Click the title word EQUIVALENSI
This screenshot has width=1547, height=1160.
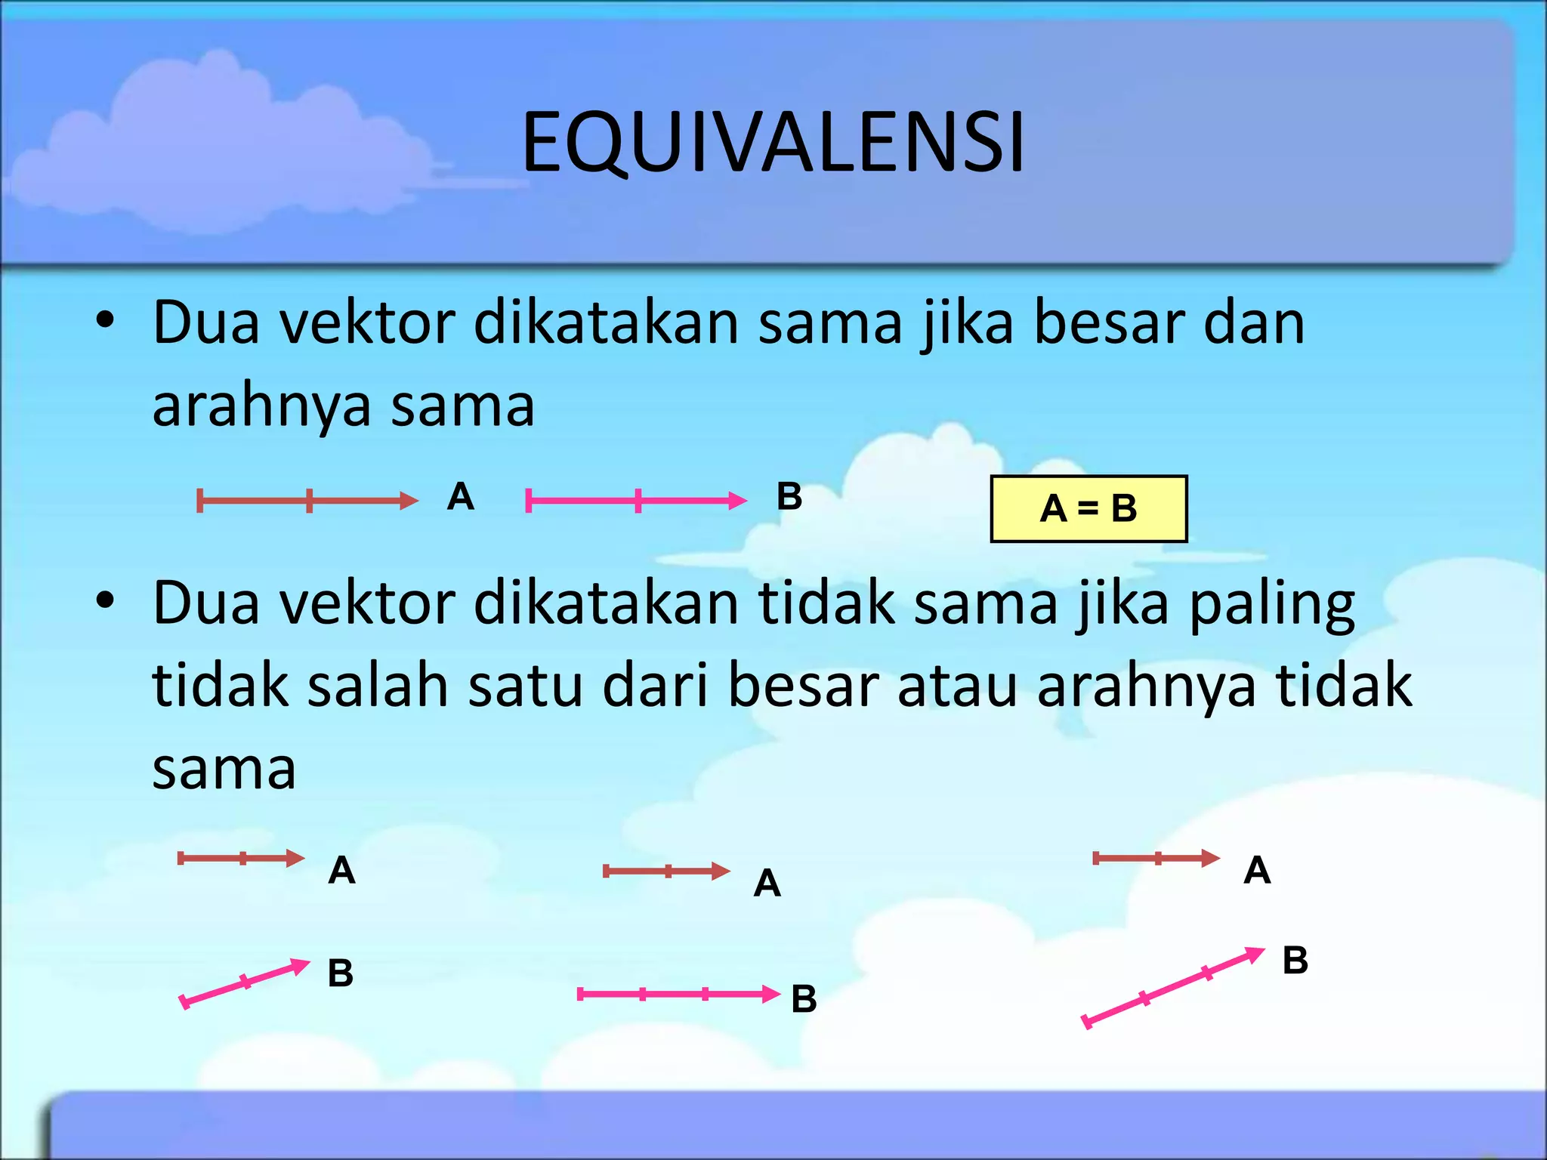773,142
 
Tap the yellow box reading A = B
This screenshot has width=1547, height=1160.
1088,508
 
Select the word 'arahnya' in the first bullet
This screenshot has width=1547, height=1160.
261,406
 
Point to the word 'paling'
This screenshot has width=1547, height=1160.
1272,604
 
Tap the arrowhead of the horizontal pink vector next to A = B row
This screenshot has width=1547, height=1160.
737,500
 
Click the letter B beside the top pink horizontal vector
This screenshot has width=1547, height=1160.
789,497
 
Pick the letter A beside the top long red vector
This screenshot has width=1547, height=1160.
460,497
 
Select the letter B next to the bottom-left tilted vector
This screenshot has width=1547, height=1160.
340,973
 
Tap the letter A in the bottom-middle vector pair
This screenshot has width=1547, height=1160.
767,883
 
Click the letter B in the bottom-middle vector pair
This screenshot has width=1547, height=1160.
804,999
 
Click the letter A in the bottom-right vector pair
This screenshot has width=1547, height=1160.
1257,870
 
